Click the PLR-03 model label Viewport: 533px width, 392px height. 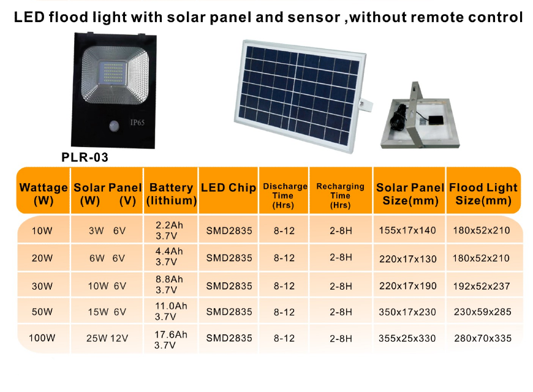(85, 157)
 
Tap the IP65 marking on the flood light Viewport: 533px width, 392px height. (137, 123)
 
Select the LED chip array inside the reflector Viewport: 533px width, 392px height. (112, 73)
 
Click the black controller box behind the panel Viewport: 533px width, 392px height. (436, 120)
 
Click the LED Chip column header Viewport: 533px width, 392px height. (229, 187)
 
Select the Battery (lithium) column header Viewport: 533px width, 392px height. (172, 194)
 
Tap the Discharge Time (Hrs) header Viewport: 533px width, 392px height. (285, 195)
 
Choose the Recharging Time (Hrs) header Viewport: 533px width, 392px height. (340, 195)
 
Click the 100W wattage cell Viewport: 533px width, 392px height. (42, 338)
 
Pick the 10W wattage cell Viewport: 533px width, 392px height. (42, 231)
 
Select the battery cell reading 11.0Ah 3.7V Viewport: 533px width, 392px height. (171, 311)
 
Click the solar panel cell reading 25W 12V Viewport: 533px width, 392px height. (107, 338)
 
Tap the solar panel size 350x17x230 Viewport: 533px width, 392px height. (407, 312)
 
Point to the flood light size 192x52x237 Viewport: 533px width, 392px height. (482, 286)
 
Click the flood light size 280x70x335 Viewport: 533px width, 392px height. (483, 338)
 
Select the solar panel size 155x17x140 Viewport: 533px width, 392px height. (407, 230)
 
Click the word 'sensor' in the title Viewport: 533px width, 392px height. (314, 18)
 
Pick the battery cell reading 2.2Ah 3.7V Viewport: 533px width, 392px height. (169, 230)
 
